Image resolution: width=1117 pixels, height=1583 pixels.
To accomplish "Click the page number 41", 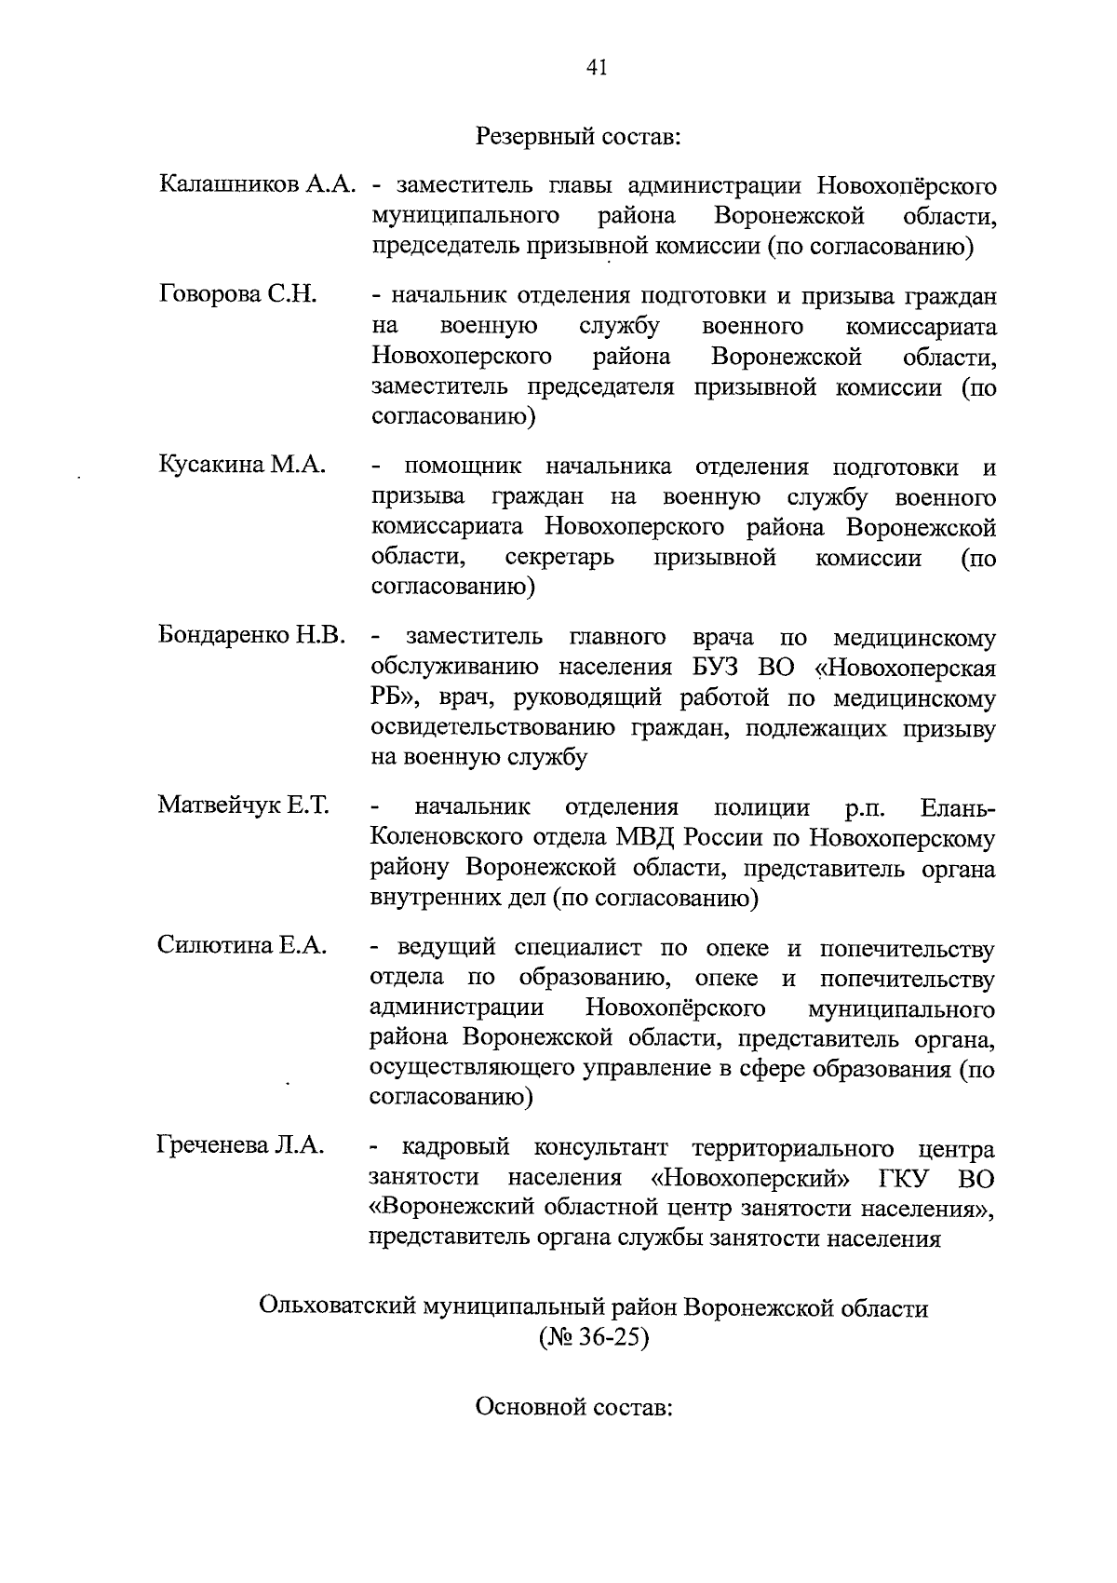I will tap(597, 67).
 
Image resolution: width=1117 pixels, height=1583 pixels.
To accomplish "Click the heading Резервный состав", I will tap(579, 137).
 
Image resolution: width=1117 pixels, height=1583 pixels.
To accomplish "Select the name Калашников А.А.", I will tap(258, 184).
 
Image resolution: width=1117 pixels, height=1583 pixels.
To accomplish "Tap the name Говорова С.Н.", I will tap(239, 295).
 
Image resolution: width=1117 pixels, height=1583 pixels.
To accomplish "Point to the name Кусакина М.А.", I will tap(242, 465).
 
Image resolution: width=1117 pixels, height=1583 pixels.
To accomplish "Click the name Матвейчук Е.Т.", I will tap(244, 805).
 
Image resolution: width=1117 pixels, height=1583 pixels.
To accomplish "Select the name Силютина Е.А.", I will tap(242, 946).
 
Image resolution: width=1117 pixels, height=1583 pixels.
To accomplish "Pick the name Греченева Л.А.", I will tap(240, 1145).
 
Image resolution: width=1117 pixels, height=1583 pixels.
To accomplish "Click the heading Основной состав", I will tap(574, 1406).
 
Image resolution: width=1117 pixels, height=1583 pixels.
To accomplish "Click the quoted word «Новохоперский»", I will tap(750, 1178).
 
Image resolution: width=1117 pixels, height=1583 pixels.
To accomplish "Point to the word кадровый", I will tap(456, 1147).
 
